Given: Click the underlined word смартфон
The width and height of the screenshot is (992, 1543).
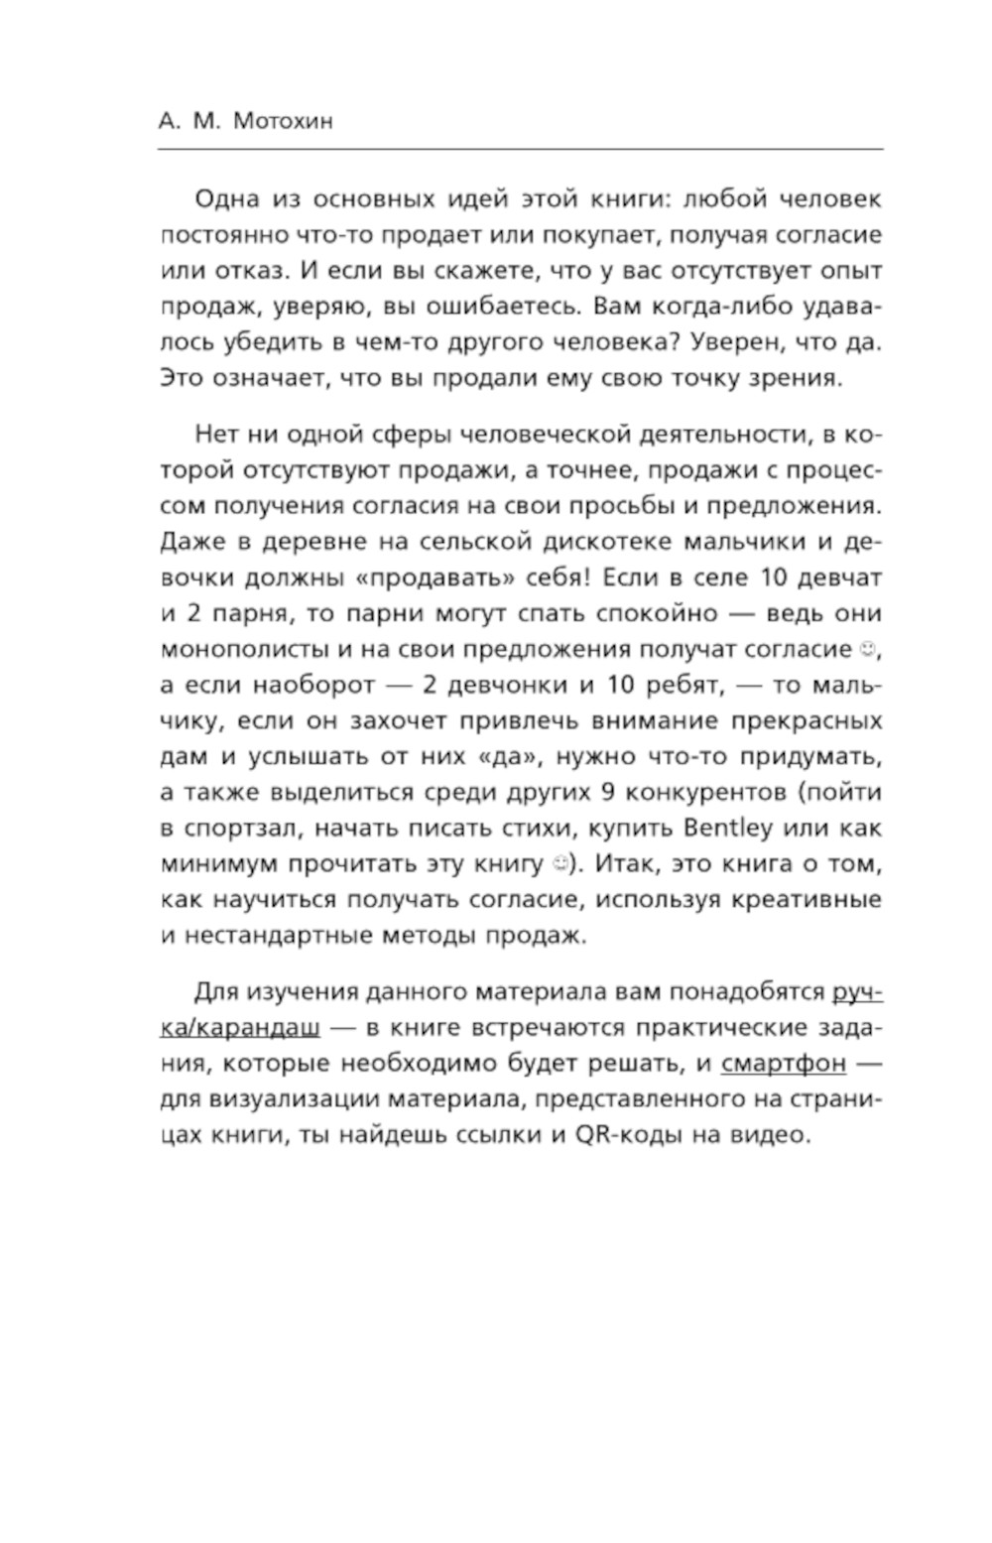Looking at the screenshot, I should [x=784, y=1063].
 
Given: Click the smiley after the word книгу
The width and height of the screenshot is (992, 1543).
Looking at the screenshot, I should [x=560, y=863].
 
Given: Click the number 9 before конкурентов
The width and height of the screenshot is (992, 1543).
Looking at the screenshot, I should [x=610, y=792].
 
